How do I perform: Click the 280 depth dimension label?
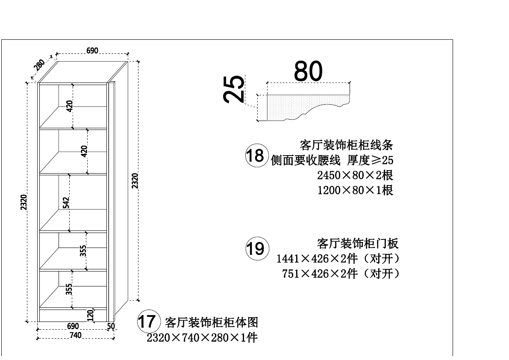pyautogui.click(x=39, y=65)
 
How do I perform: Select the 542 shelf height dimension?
pyautogui.click(x=66, y=203)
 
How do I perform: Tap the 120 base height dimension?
pyautogui.click(x=90, y=316)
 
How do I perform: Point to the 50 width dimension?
pyautogui.click(x=111, y=326)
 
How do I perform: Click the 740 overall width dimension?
pyautogui.click(x=75, y=335)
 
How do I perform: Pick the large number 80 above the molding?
pyautogui.click(x=308, y=71)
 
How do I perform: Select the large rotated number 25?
pyautogui.click(x=235, y=89)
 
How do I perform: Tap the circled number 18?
pyautogui.click(x=255, y=155)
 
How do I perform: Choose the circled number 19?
pyautogui.click(x=256, y=248)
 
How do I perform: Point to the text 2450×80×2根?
pyautogui.click(x=355, y=175)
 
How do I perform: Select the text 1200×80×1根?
pyautogui.click(x=355, y=190)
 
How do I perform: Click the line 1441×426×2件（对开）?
pyautogui.click(x=338, y=259)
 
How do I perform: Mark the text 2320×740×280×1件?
pyautogui.click(x=202, y=338)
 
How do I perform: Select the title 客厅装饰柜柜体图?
pyautogui.click(x=211, y=322)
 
